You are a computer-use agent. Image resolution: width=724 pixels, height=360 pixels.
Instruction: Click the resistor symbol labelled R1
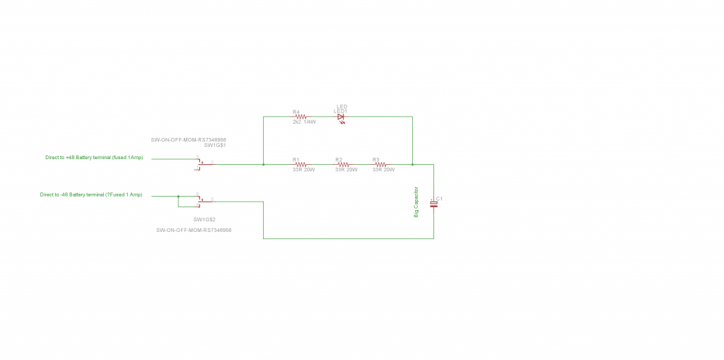[300, 165]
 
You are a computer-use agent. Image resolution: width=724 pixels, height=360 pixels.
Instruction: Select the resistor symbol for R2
[343, 165]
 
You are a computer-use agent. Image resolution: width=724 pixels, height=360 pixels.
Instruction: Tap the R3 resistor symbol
[380, 165]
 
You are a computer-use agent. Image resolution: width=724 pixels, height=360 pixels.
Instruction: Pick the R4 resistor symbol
[300, 117]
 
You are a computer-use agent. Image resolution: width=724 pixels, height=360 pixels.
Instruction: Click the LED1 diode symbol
[341, 117]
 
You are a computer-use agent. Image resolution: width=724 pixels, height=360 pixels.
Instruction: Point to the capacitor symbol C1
[433, 204]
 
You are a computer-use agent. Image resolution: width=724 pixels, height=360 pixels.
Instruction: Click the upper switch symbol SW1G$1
[201, 163]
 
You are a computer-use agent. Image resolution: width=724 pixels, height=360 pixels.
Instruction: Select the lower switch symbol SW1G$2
[201, 200]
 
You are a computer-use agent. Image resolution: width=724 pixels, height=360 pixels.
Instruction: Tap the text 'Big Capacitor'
[416, 202]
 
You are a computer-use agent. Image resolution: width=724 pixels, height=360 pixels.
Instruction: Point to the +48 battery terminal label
[94, 157]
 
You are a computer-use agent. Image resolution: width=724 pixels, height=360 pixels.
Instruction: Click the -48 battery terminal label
[91, 194]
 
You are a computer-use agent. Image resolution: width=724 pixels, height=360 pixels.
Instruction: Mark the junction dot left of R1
[263, 165]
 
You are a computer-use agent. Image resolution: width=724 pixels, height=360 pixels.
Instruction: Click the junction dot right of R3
[411, 165]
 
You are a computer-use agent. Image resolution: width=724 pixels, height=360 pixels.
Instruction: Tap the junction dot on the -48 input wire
[178, 197]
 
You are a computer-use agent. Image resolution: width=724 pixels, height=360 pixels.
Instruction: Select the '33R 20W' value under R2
[346, 170]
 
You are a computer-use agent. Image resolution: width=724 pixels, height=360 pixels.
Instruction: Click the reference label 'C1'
[440, 198]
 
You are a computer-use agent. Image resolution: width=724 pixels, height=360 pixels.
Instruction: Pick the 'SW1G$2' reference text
[204, 219]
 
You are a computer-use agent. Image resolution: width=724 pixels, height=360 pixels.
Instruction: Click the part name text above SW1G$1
[193, 139]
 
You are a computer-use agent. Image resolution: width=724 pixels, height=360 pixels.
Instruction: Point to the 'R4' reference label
[296, 112]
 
